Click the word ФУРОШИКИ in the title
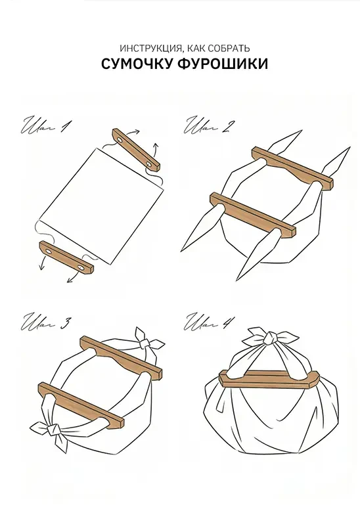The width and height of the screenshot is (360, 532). coord(223,64)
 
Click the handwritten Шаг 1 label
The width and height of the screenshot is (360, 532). coord(46,127)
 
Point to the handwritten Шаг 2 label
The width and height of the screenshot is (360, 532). coord(208,126)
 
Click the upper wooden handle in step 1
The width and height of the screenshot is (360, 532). coord(136,149)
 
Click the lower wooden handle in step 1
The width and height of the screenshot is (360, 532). coord(66,257)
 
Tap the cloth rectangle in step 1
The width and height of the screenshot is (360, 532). coord(101,206)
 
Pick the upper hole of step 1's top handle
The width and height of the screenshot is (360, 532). coord(120,139)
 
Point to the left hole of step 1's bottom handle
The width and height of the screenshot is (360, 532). coord(49,252)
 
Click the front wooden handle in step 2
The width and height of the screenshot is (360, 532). coord(253,215)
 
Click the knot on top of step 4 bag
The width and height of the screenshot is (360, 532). coord(270,338)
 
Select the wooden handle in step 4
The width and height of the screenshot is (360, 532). coord(269,378)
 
